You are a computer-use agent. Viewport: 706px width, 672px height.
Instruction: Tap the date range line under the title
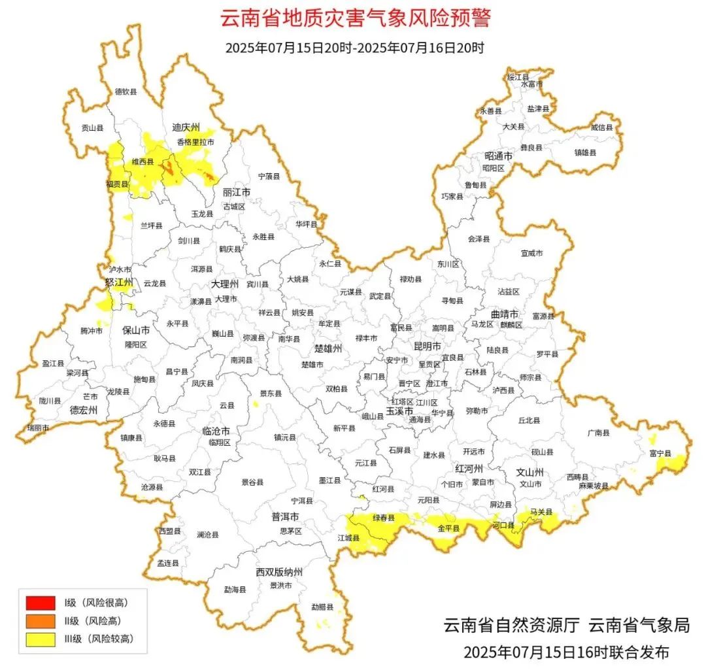click(x=354, y=48)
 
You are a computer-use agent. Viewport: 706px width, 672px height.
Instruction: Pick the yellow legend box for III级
click(x=40, y=639)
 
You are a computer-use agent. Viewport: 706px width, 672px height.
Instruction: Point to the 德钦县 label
click(x=126, y=92)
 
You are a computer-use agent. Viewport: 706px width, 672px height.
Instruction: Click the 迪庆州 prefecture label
click(x=186, y=127)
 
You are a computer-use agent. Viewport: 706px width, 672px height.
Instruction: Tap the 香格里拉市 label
click(x=195, y=141)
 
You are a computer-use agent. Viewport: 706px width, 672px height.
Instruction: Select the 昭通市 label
click(x=499, y=156)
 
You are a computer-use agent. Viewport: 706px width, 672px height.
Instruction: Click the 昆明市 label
click(x=428, y=345)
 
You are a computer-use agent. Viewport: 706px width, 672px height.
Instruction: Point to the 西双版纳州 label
click(x=280, y=573)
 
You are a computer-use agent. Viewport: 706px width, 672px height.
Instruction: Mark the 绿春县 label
click(x=384, y=518)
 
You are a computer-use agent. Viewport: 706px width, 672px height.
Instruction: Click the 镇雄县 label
click(x=585, y=152)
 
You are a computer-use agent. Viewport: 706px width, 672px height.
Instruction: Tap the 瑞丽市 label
click(x=37, y=427)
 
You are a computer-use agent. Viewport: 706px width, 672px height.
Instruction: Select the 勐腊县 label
click(x=322, y=607)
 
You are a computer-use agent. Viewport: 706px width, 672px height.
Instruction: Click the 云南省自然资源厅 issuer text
click(x=511, y=625)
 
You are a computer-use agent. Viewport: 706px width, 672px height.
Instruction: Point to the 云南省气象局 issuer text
click(x=639, y=625)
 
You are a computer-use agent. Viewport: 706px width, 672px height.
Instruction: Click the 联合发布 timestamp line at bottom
click(x=566, y=652)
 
